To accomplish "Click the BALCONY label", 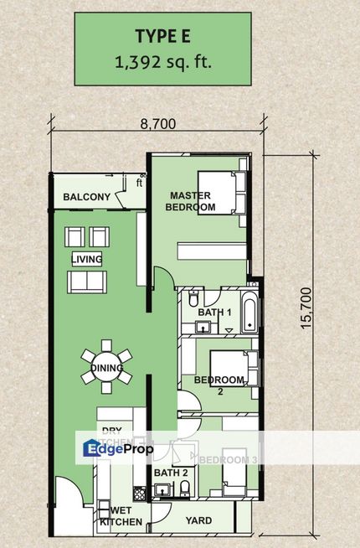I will [86, 198].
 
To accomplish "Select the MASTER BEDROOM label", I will [189, 201].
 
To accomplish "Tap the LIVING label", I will [87, 259].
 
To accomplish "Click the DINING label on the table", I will [107, 368].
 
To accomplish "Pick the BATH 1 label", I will [213, 313].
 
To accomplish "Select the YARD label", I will [199, 520].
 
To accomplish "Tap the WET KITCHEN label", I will [116, 515].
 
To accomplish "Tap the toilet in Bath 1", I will [193, 299].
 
